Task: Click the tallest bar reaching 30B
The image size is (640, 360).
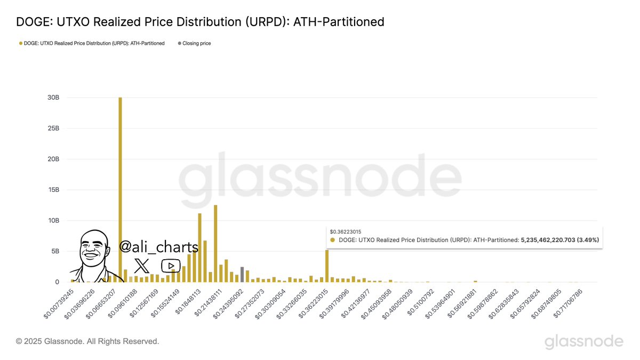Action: [x=120, y=189]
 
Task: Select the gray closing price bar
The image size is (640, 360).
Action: [x=242, y=274]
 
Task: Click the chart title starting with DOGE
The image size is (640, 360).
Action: [x=200, y=22]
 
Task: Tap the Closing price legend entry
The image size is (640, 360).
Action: [x=194, y=43]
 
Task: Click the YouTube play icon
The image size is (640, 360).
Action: [x=171, y=265]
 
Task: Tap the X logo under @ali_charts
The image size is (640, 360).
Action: [x=141, y=265]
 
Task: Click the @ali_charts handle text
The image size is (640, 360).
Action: [x=158, y=247]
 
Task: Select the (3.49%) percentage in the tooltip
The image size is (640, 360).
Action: [x=588, y=240]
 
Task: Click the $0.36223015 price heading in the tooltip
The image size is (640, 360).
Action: [x=346, y=231]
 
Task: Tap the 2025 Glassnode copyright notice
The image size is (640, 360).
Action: [x=87, y=341]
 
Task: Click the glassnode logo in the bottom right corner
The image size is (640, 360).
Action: [x=583, y=341]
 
